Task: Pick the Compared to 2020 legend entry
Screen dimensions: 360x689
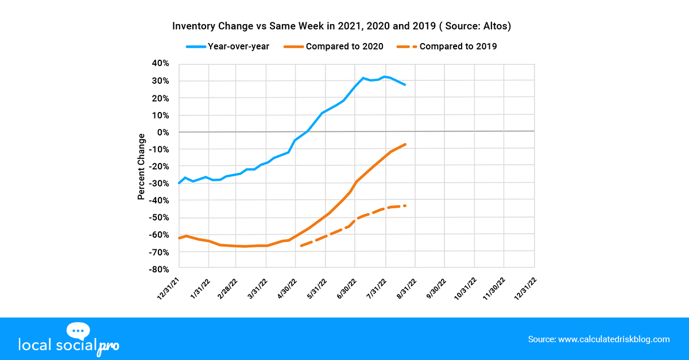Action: (336, 46)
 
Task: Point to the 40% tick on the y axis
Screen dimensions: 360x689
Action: (161, 64)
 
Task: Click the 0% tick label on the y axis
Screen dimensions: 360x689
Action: (164, 132)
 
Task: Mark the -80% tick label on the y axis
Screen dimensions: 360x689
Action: (160, 269)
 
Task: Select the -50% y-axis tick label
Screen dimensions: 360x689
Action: (160, 218)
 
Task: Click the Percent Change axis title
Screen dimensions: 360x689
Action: (141, 167)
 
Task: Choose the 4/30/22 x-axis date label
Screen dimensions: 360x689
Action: (287, 287)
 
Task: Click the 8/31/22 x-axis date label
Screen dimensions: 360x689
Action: (405, 287)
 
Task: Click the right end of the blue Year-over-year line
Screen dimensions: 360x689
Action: (405, 85)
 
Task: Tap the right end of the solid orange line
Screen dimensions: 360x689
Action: (406, 144)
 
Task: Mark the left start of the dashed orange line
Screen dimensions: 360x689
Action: (300, 246)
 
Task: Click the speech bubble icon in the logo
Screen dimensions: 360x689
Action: (79, 331)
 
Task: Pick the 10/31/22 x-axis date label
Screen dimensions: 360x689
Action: (464, 287)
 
